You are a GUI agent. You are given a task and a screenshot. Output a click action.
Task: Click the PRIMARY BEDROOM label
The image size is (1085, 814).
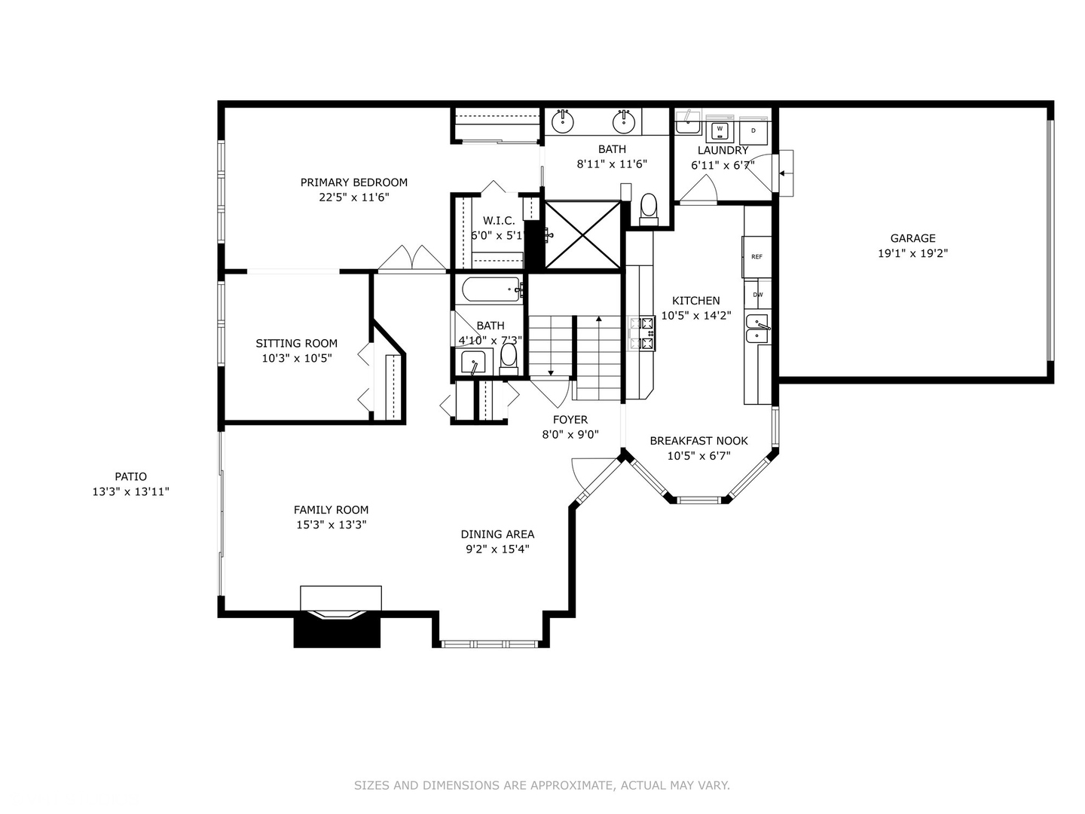353,182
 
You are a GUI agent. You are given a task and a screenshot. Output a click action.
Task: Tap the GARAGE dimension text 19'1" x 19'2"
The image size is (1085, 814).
912,254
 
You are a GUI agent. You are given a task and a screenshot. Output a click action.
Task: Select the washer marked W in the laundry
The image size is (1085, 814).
720,130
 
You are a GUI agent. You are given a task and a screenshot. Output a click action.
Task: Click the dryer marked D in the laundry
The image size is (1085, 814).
753,131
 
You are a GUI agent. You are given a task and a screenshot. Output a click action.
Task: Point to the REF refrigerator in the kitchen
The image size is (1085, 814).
756,257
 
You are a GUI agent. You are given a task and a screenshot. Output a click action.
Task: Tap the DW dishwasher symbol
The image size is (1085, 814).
757,295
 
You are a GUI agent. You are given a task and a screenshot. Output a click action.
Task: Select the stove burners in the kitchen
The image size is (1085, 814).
642,333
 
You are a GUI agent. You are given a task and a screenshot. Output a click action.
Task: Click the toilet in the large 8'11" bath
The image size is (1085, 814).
648,207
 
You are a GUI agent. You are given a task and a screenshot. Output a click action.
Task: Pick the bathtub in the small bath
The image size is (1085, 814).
489,289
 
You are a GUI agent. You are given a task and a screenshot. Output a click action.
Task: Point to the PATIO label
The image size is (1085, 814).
130,476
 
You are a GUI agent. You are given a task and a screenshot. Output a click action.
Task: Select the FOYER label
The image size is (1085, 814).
570,420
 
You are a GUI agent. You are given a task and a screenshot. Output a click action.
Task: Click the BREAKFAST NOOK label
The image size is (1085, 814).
698,441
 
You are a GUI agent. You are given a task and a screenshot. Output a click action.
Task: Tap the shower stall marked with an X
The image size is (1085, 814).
583,234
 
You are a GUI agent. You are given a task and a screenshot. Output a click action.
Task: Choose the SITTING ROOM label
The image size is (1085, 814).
296,344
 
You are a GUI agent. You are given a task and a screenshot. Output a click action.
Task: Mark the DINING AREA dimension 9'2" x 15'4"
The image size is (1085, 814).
497,549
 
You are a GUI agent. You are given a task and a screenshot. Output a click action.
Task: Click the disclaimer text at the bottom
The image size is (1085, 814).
542,785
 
